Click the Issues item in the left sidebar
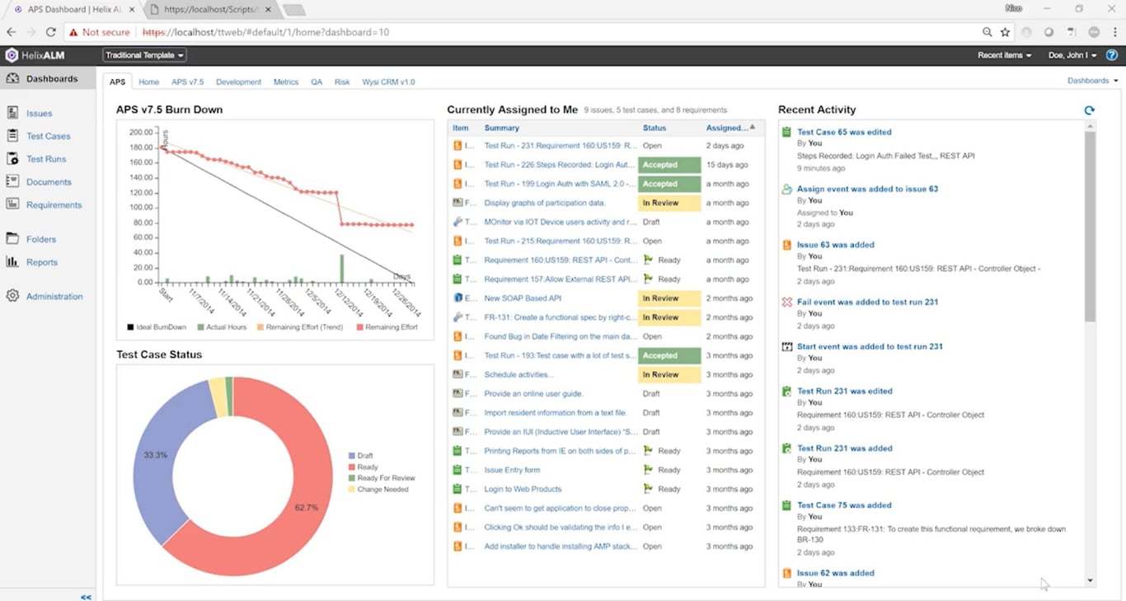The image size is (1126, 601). coord(39,114)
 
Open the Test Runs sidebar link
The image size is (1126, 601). coord(45,159)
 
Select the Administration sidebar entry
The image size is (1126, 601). coord(54,297)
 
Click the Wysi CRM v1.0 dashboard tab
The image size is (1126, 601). coord(387,82)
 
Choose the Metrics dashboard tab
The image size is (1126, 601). coord(286,82)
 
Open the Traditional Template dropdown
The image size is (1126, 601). coord(144,55)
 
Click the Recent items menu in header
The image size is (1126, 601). coord(1003,55)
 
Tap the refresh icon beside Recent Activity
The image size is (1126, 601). coord(1089,110)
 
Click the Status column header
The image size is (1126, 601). coord(654,128)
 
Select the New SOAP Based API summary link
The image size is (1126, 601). coord(523,298)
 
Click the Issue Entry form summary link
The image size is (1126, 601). coord(512,470)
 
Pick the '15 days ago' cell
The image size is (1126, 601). coord(726,165)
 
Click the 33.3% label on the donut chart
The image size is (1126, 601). coord(157,455)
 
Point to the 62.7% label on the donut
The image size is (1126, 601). coord(307,508)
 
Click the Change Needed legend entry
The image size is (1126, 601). coord(382,490)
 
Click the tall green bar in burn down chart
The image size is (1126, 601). coord(341,268)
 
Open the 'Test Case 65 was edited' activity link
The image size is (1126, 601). coord(844,132)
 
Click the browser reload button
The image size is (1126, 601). coord(51,32)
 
